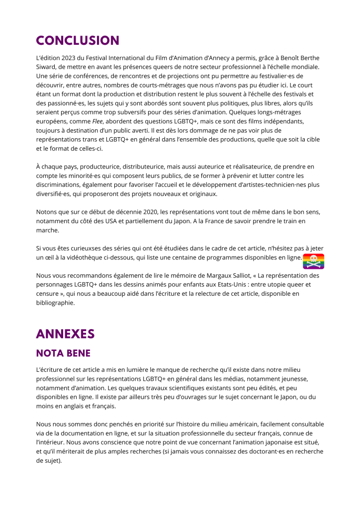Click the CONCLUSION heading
[x=78, y=41]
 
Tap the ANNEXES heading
[x=65, y=334]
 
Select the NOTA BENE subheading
[x=63, y=353]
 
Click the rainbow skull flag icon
[x=313, y=261]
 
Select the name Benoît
[x=288, y=58]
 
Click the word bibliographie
[x=55, y=302]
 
